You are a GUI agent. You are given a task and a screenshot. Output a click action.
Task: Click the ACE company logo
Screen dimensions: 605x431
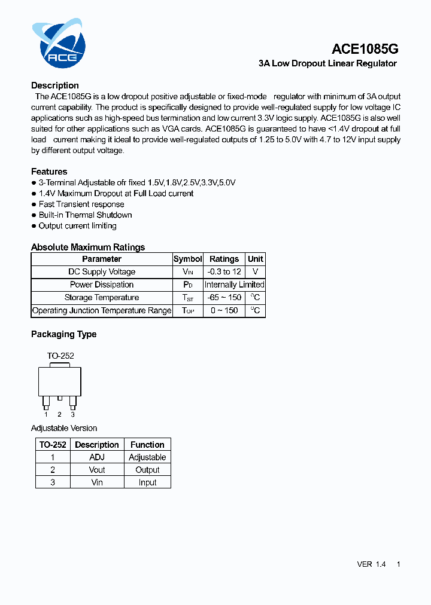[x=59, y=42]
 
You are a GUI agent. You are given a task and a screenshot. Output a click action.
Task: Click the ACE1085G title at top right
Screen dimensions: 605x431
[x=365, y=49]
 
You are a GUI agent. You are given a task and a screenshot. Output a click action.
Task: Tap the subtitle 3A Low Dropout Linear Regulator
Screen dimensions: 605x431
[x=327, y=63]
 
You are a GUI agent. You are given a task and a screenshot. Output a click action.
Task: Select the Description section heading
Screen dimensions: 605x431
[x=55, y=85]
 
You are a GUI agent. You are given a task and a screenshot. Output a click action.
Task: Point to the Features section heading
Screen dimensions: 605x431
[x=49, y=172]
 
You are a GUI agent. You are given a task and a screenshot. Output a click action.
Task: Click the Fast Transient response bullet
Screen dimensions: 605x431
[x=81, y=204]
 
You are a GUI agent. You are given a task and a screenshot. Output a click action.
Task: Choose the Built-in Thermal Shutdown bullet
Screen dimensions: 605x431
[x=85, y=215]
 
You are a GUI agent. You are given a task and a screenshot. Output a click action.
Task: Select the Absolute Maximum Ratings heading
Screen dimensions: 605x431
[x=88, y=247]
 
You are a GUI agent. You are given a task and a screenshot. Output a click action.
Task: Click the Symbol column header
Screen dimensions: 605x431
[x=188, y=259]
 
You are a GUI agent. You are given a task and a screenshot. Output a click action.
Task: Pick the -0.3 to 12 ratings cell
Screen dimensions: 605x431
[x=224, y=272]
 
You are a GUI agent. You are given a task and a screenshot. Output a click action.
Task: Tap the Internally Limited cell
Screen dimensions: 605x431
[x=234, y=285]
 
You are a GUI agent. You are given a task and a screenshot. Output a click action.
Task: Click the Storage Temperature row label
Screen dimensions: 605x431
[x=102, y=298]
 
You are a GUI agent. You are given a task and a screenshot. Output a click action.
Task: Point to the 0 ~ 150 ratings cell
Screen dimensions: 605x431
[x=224, y=311]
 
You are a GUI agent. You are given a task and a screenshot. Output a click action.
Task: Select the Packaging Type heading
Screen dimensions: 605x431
[x=63, y=334]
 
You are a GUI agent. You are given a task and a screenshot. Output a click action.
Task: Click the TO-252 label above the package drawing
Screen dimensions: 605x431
[x=60, y=356]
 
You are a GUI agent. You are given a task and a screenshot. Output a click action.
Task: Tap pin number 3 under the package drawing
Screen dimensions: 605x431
[x=72, y=414]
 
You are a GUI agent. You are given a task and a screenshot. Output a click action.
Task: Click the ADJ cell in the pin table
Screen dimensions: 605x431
[x=97, y=457]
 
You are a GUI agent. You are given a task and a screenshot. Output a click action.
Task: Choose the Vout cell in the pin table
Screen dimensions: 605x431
[x=97, y=470]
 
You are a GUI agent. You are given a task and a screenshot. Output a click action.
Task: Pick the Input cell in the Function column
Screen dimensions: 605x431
[x=147, y=482]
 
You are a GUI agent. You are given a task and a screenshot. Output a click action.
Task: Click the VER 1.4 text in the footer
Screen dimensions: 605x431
[x=371, y=564]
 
